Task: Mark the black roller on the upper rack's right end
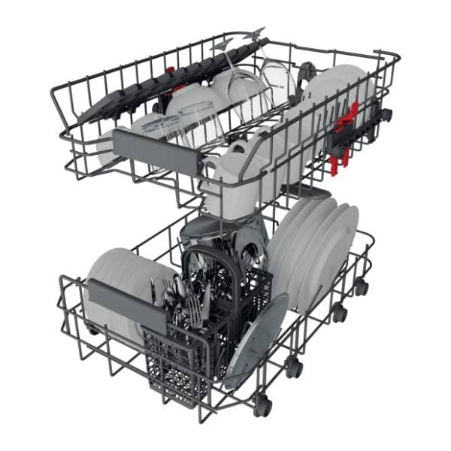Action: click(x=385, y=115)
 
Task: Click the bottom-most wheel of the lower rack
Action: click(x=262, y=406)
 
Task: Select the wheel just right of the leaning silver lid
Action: click(x=295, y=368)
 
